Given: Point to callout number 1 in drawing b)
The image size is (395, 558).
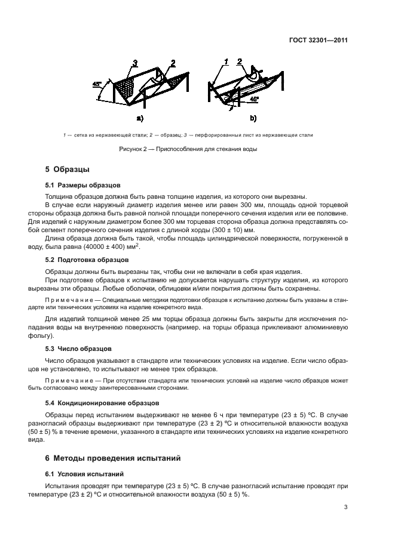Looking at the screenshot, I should pos(226,62).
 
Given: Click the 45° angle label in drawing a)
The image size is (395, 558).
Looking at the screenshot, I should pos(97,85).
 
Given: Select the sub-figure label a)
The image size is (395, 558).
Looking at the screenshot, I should pos(140,118).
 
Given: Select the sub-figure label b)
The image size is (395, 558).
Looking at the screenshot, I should pos(253,118).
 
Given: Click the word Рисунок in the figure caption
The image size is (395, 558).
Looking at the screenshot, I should pos(134,149).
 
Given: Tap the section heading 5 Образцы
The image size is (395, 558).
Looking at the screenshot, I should pos(68,170).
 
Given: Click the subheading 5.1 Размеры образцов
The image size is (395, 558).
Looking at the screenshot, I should pos(83,185).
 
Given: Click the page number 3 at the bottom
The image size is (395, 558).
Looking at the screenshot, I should pos(345,508).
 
